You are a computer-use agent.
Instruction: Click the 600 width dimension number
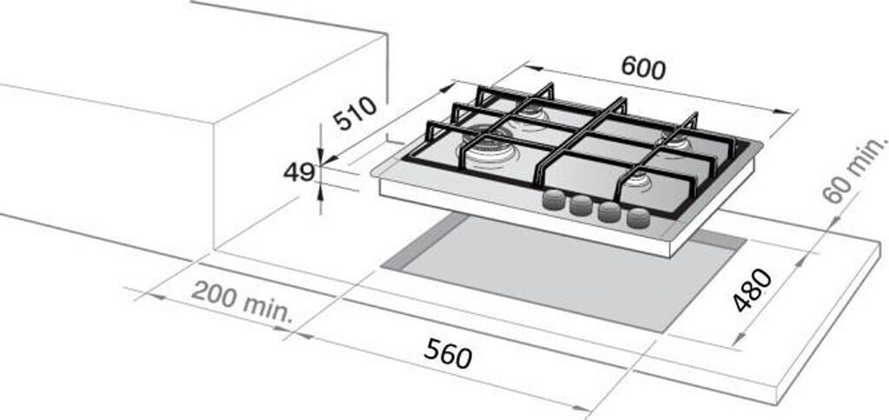[x=643, y=69]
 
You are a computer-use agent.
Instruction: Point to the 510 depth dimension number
[x=355, y=114]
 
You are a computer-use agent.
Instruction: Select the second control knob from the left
[x=579, y=207]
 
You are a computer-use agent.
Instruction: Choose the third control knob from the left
[x=609, y=212]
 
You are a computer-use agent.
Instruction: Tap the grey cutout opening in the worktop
[x=564, y=270]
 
